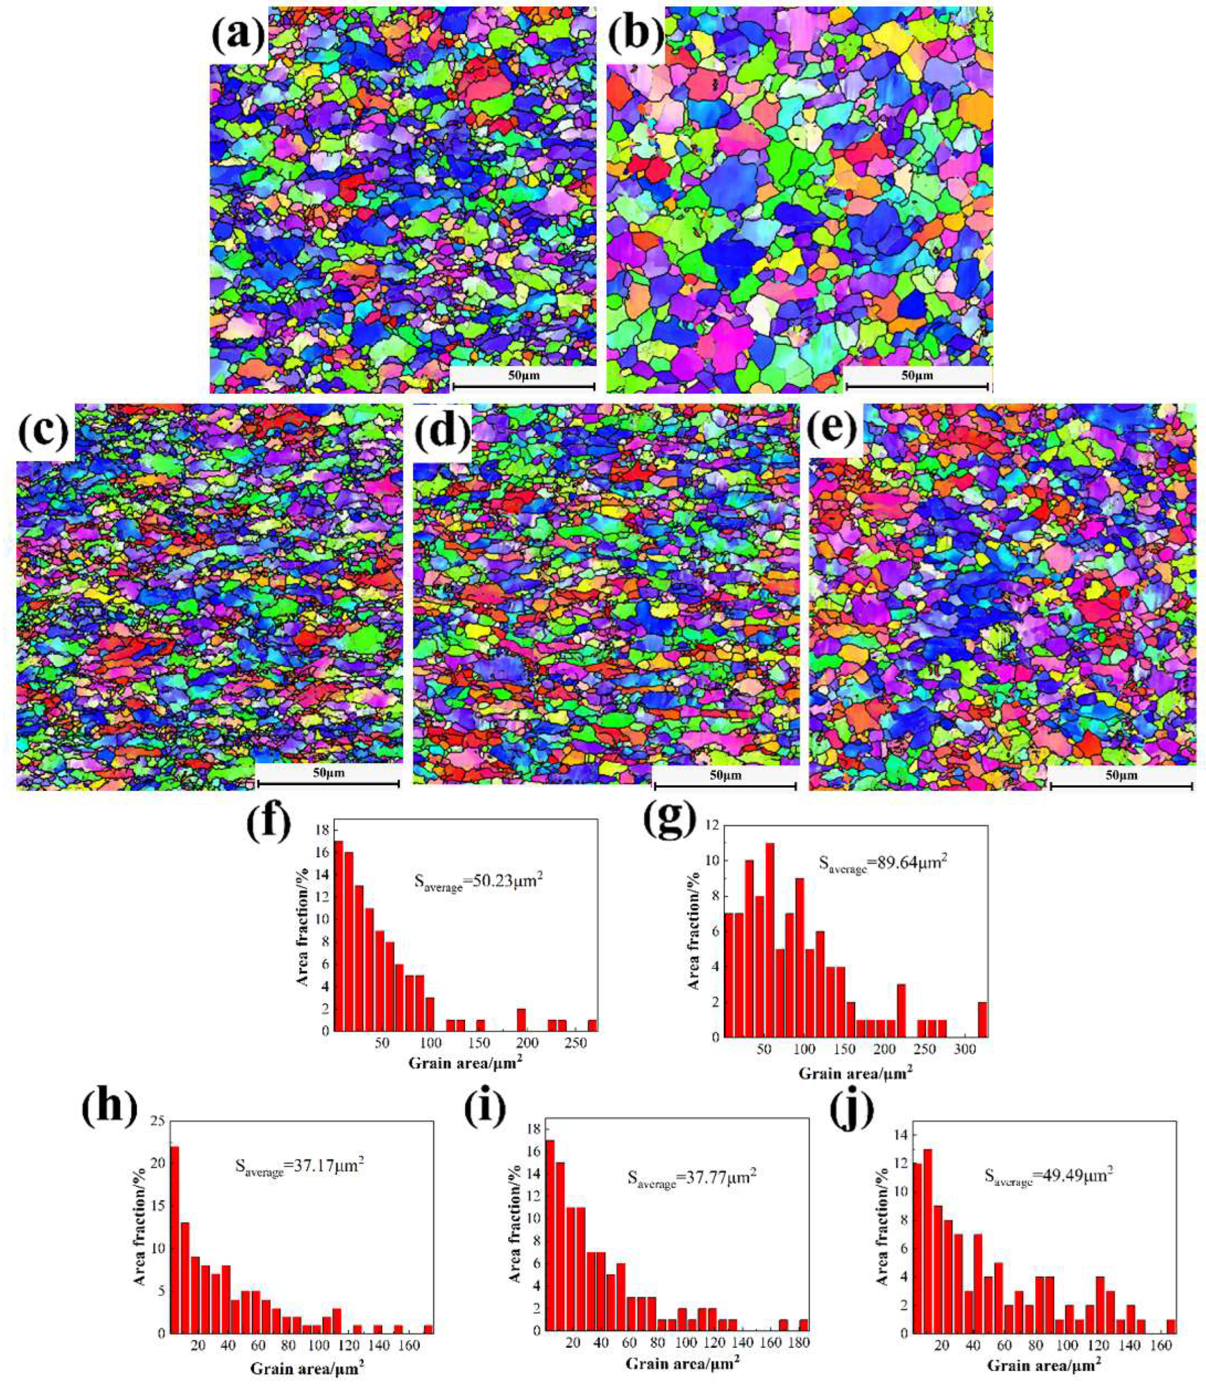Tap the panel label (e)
coord(834,432)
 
